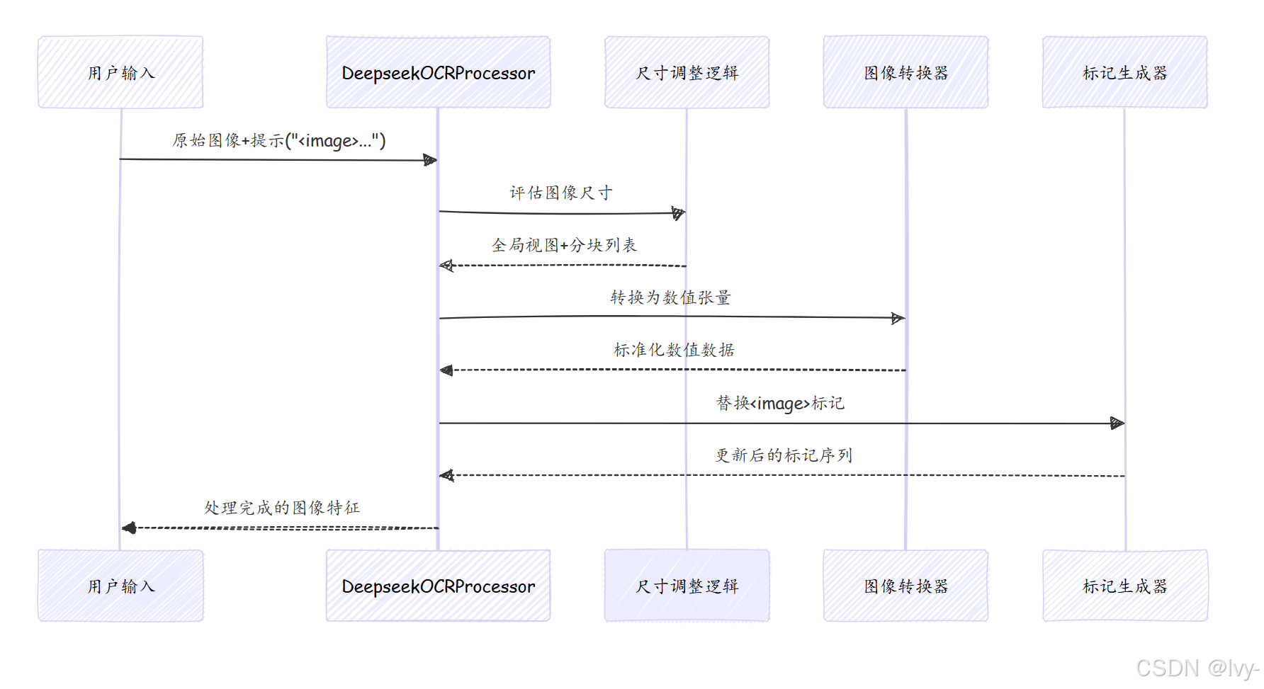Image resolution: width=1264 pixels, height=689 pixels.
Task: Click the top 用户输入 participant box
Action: click(x=120, y=72)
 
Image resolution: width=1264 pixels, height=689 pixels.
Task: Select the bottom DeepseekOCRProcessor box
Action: click(x=438, y=586)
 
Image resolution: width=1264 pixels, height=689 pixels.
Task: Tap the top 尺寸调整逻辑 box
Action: click(x=687, y=72)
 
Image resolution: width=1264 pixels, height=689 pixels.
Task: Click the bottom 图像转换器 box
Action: click(x=905, y=586)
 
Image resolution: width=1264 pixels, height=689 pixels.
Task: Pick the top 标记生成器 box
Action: click(x=1124, y=72)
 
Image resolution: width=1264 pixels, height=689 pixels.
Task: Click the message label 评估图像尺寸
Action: click(x=560, y=193)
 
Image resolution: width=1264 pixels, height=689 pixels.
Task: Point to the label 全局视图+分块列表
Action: click(x=564, y=245)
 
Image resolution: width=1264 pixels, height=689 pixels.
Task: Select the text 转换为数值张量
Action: click(x=670, y=297)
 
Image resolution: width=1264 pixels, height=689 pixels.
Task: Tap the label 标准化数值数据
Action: click(x=674, y=350)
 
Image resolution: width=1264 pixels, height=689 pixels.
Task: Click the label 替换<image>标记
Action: click(x=780, y=403)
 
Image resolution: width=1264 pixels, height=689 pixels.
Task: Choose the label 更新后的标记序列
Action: click(x=783, y=455)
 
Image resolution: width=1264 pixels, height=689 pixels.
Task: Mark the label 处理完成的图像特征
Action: click(x=282, y=508)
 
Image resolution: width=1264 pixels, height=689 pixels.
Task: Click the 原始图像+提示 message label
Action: click(x=279, y=140)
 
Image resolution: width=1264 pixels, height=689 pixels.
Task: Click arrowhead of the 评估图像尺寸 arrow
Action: click(x=679, y=212)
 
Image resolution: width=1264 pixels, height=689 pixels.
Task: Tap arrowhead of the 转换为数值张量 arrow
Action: click(x=898, y=318)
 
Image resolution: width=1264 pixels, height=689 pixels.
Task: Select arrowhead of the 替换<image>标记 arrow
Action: click(x=1117, y=423)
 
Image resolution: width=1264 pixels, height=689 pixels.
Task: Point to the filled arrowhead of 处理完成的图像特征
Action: click(x=129, y=528)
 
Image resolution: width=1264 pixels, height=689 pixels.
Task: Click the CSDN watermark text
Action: click(x=1197, y=668)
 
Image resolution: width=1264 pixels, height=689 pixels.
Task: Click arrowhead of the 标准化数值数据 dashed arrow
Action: click(x=446, y=370)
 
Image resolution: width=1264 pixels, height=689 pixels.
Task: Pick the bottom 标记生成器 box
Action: click(x=1124, y=586)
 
